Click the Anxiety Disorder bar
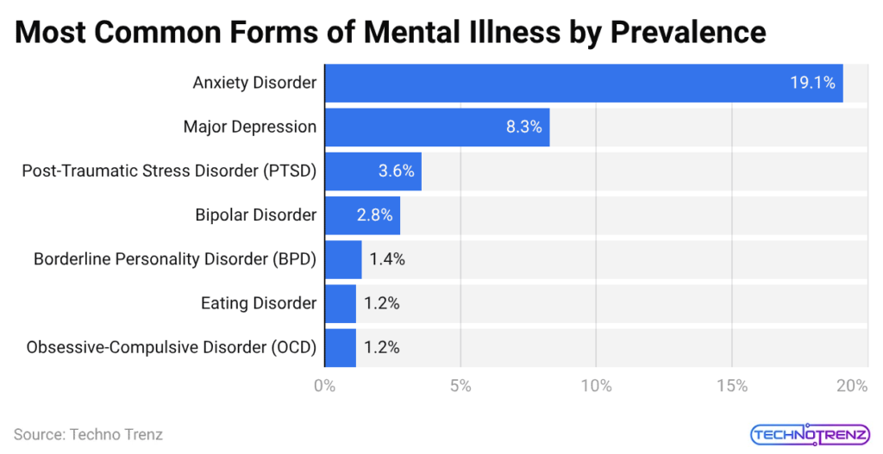pyautogui.click(x=583, y=83)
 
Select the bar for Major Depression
pyautogui.click(x=436, y=127)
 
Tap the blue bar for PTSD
pyautogui.click(x=373, y=171)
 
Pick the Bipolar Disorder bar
pyautogui.click(x=361, y=215)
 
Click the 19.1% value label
pyautogui.click(x=812, y=83)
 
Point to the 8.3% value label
pyautogui.click(x=523, y=127)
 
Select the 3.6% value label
pyautogui.click(x=396, y=171)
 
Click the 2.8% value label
pyautogui.click(x=374, y=215)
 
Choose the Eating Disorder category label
pyautogui.click(x=259, y=303)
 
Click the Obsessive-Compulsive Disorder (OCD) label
pyautogui.click(x=172, y=347)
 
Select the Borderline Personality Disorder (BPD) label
pyautogui.click(x=175, y=258)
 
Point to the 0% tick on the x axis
pyautogui.click(x=324, y=386)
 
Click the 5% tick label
pyautogui.click(x=460, y=386)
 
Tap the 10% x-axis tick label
pyautogui.click(x=596, y=386)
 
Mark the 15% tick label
pyautogui.click(x=732, y=386)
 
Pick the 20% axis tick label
pyautogui.click(x=851, y=386)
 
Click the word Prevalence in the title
pyautogui.click(x=688, y=32)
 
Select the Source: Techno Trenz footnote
pyautogui.click(x=88, y=434)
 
